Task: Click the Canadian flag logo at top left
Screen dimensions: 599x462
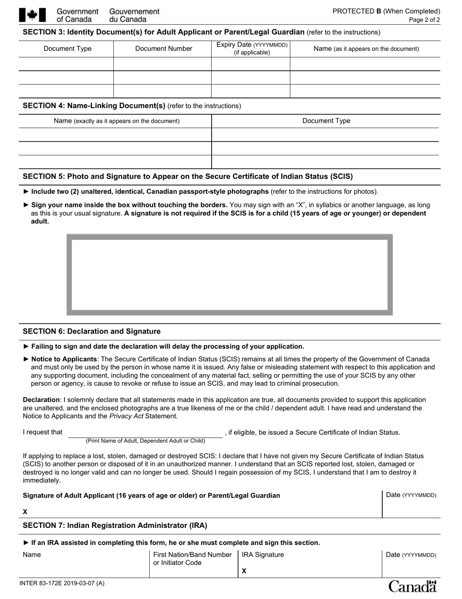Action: [32, 15]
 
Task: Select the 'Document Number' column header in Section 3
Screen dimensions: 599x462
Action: [163, 49]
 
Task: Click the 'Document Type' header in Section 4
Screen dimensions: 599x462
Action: [326, 121]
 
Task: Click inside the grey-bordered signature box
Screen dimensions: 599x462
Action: [229, 275]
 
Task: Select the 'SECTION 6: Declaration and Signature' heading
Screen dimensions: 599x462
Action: [91, 331]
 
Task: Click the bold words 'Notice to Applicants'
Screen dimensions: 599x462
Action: [64, 359]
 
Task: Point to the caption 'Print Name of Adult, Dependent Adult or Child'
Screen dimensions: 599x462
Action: [145, 441]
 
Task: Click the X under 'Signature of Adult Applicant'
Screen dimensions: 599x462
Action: [25, 512]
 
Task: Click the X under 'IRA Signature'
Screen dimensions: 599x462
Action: [244, 571]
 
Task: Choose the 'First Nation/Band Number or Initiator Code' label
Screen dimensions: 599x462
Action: [192, 559]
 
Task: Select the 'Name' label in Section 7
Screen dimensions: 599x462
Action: [32, 555]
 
